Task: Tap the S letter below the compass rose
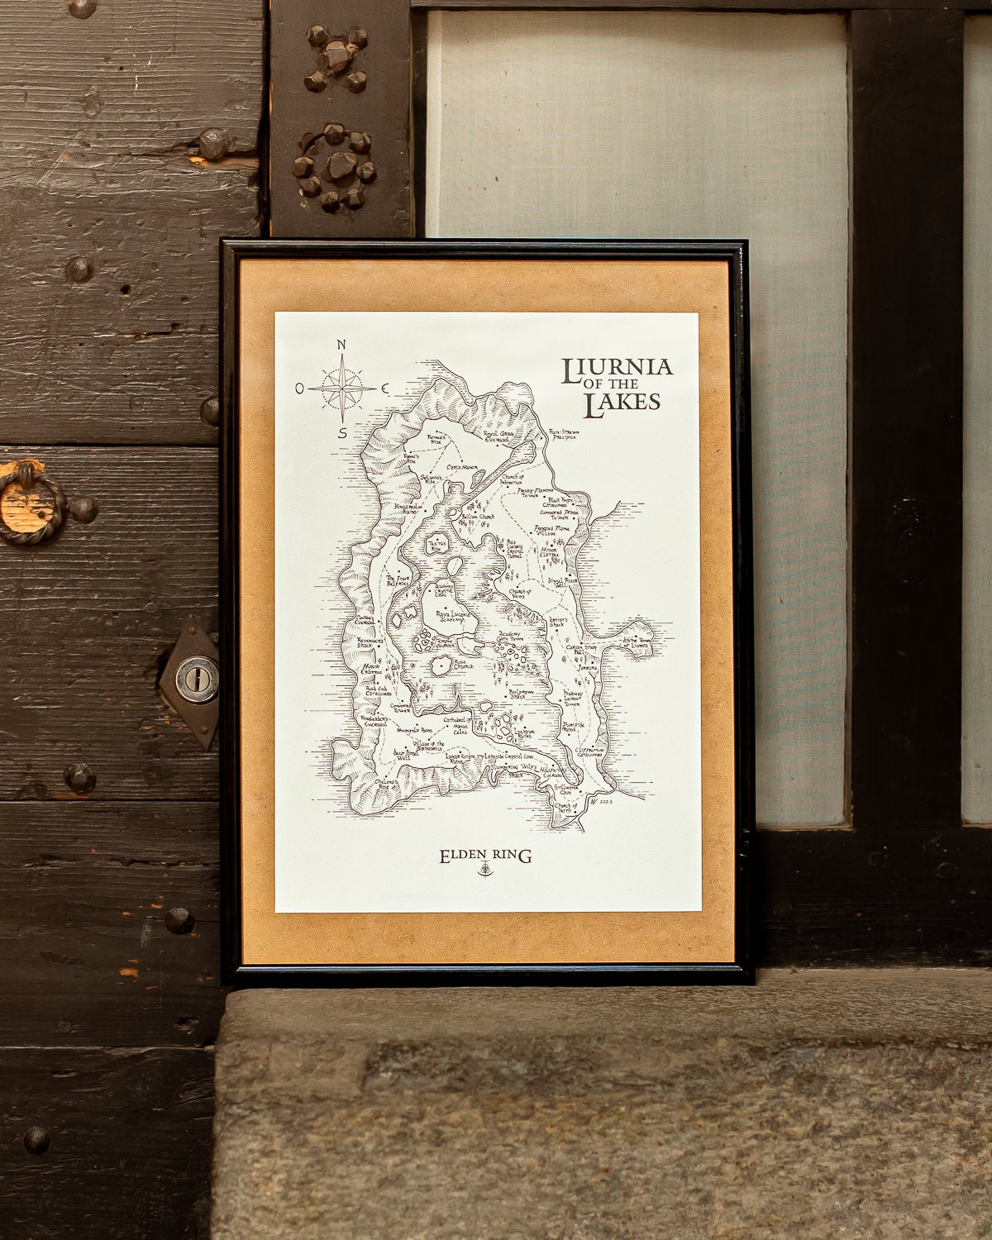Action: tap(341, 432)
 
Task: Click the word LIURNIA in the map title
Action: tap(617, 370)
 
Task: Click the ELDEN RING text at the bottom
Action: tap(484, 856)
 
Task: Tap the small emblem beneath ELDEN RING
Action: tap(484, 871)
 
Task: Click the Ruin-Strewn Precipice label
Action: tap(567, 436)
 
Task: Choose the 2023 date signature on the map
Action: tap(604, 801)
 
